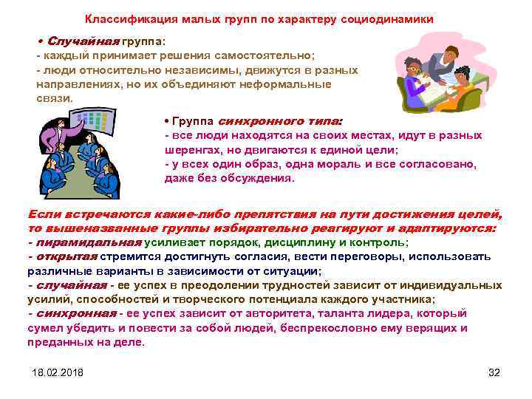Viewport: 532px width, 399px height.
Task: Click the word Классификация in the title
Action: (121, 18)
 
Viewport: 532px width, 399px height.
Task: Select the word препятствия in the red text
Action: (253, 214)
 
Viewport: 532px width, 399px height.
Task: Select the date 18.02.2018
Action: (58, 371)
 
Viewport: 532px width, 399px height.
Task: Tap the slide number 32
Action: (494, 371)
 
